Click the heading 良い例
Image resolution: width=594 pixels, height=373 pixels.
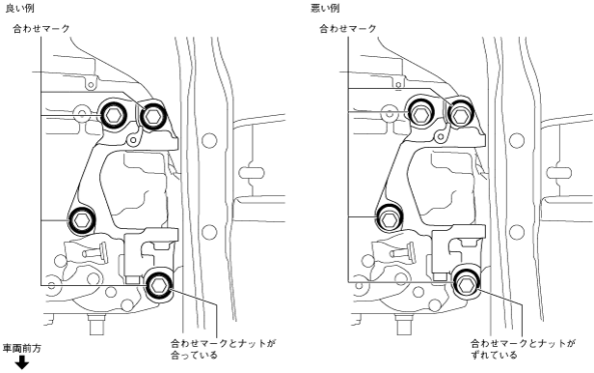click(x=20, y=9)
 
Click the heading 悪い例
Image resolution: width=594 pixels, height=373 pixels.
click(x=325, y=9)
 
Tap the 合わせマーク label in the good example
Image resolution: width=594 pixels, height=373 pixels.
click(x=41, y=29)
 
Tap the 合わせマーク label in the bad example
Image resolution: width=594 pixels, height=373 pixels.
click(x=348, y=29)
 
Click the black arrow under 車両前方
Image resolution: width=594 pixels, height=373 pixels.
click(x=22, y=362)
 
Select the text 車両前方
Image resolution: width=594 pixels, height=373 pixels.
click(x=22, y=348)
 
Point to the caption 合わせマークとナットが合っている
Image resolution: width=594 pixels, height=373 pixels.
click(x=223, y=350)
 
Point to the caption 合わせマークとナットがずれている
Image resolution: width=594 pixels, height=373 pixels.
click(x=524, y=350)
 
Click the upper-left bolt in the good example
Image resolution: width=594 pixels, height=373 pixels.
click(x=113, y=114)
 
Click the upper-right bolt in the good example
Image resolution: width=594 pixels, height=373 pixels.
click(x=152, y=116)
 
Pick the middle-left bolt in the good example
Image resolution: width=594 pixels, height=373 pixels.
click(x=81, y=219)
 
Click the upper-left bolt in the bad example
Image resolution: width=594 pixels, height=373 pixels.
click(x=420, y=111)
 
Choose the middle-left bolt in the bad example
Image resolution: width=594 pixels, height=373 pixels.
click(x=389, y=218)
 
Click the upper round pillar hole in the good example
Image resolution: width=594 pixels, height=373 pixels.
click(x=209, y=140)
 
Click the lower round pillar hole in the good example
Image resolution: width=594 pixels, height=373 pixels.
click(x=209, y=232)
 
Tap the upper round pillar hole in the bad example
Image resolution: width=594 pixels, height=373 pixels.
click(x=517, y=140)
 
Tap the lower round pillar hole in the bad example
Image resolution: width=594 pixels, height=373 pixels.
click(x=517, y=232)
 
